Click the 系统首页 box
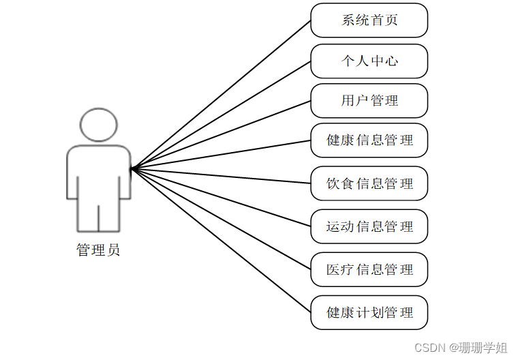click(x=369, y=20)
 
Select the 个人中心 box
click(x=369, y=61)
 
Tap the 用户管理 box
click(x=369, y=101)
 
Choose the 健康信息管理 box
click(x=369, y=140)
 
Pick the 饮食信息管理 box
click(x=369, y=183)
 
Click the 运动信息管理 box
click(x=369, y=226)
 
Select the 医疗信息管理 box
click(x=369, y=269)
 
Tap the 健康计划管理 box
click(x=369, y=312)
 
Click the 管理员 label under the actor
click(x=98, y=250)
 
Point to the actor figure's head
click(x=98, y=125)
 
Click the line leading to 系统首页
click(x=221, y=94)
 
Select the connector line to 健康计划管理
click(x=221, y=240)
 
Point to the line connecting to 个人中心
click(x=221, y=115)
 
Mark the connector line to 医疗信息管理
click(x=221, y=218)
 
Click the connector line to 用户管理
click(x=221, y=134)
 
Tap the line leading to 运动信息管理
click(x=221, y=197)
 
